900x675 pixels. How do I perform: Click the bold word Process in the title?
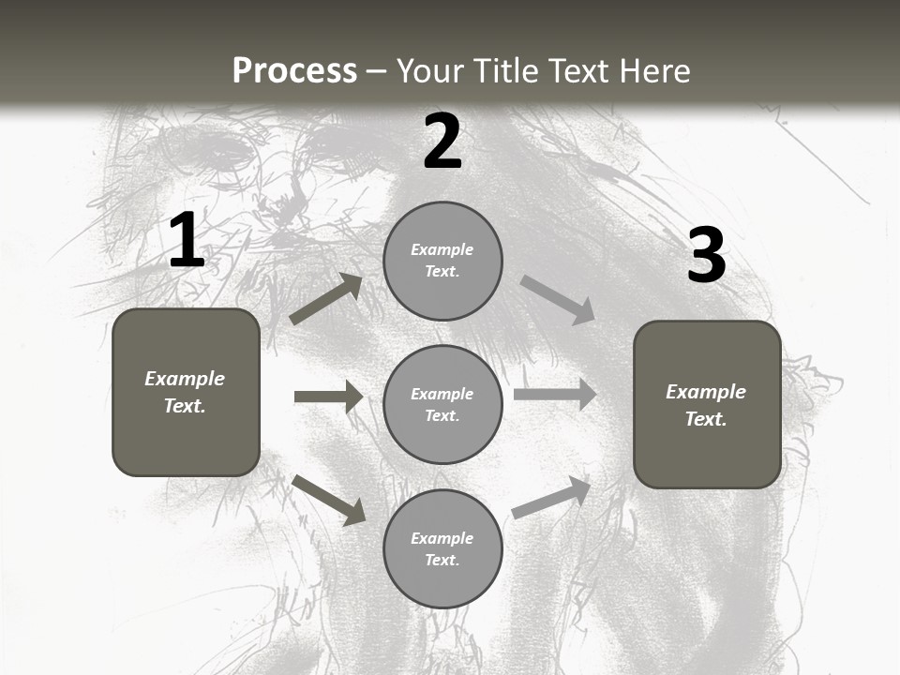[294, 70]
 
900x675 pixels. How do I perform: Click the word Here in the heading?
[654, 70]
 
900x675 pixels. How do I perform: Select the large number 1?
[187, 240]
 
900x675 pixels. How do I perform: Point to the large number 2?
[442, 142]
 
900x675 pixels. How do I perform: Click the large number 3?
[706, 256]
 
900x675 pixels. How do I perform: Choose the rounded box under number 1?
[186, 392]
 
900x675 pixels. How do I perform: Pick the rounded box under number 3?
[707, 404]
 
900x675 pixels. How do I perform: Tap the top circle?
[442, 261]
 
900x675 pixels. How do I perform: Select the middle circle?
[442, 404]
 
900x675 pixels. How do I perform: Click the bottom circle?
[442, 548]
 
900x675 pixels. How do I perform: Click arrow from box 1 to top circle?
[325, 299]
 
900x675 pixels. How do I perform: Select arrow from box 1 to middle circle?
[328, 397]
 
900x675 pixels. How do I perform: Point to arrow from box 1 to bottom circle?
[328, 499]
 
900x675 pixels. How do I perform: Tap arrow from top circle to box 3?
[557, 299]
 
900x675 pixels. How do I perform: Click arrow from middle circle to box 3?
[554, 395]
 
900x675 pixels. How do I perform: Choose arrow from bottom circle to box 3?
[551, 498]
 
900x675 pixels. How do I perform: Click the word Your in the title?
[429, 70]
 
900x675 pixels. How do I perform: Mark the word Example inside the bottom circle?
[442, 538]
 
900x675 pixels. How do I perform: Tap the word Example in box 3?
[706, 392]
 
